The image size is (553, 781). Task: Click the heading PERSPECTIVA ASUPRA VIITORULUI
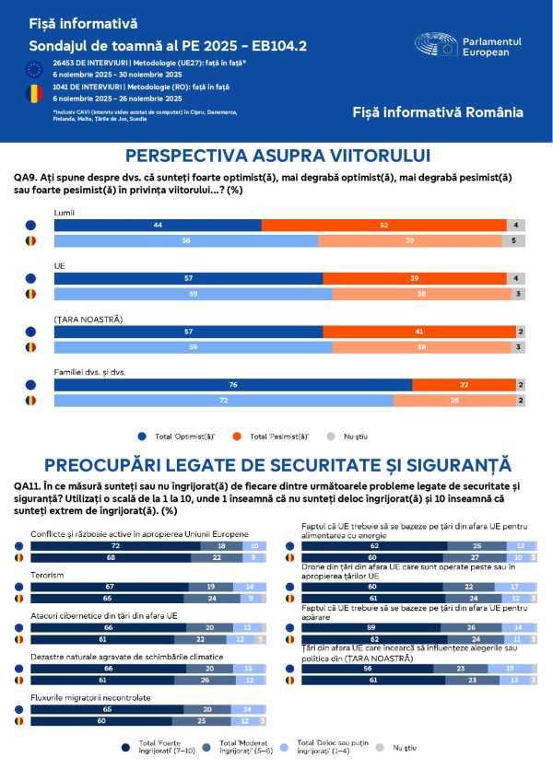click(277, 156)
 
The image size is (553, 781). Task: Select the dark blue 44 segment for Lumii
click(158, 225)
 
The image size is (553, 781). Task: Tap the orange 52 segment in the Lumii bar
click(383, 225)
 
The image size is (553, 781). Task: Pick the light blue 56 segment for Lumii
click(185, 240)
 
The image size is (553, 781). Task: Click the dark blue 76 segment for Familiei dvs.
click(232, 385)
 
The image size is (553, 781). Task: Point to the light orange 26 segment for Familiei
click(453, 401)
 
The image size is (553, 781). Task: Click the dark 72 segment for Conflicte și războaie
click(115, 545)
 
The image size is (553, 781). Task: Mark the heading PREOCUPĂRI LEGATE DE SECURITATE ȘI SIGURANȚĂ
click(277, 465)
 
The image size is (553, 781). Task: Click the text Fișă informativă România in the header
click(438, 112)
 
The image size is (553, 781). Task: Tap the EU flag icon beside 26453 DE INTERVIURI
click(34, 67)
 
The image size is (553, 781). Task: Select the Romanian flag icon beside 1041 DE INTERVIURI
click(34, 92)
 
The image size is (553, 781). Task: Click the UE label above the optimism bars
click(60, 264)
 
